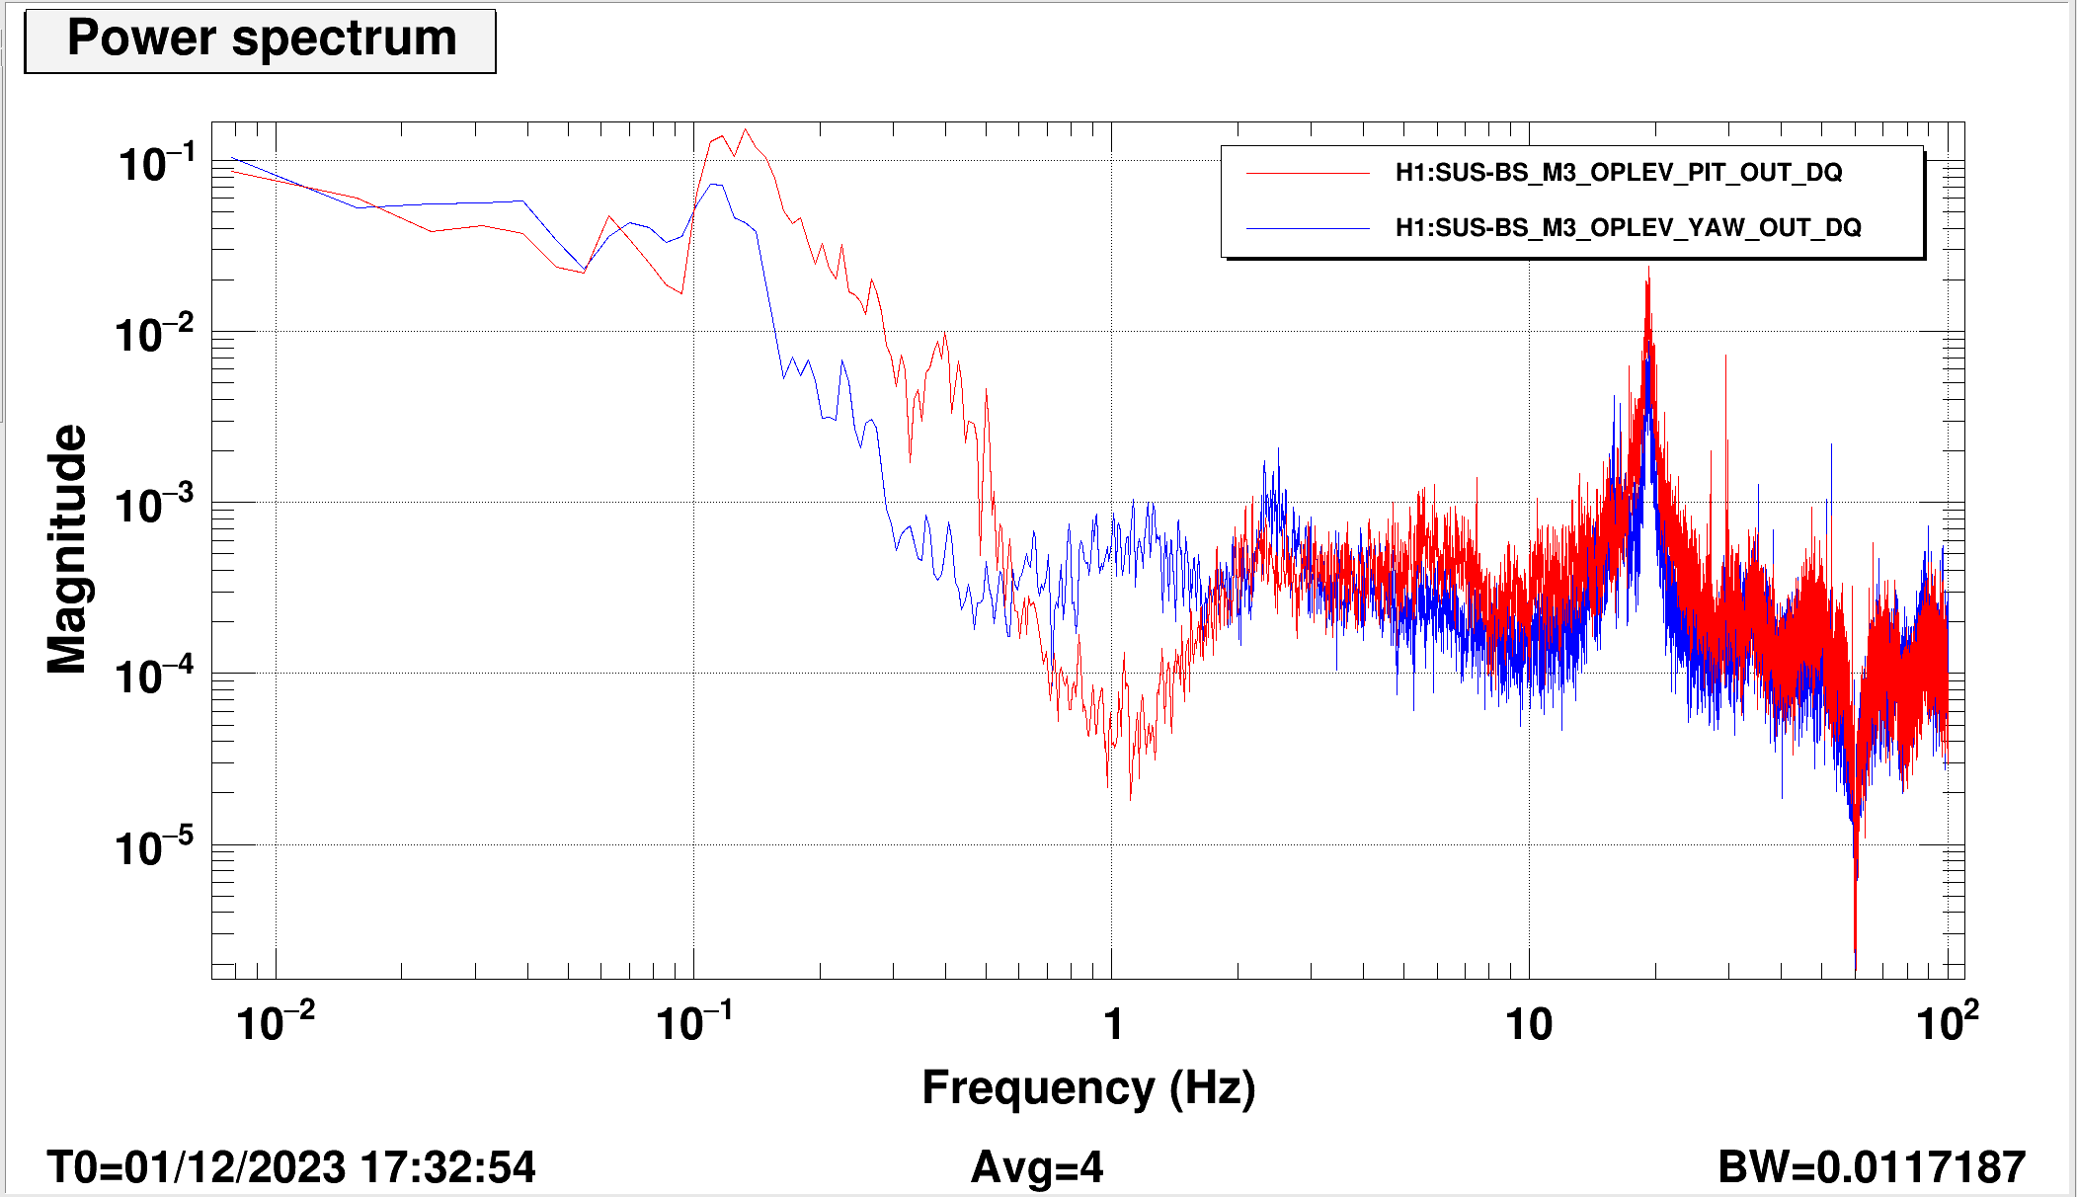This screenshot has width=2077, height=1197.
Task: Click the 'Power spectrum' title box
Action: [x=261, y=40]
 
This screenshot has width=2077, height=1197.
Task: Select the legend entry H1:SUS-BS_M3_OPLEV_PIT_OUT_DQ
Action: [x=1618, y=173]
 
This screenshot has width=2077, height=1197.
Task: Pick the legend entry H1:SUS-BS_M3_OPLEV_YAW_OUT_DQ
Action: [x=1628, y=228]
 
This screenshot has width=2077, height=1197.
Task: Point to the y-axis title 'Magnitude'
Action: [x=67, y=549]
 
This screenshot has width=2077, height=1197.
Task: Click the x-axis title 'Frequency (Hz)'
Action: [x=1088, y=1088]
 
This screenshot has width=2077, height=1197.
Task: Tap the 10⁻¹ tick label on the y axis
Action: [x=157, y=163]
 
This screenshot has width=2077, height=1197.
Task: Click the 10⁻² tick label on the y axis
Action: [x=155, y=335]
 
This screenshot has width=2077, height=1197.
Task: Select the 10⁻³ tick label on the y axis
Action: [x=155, y=506]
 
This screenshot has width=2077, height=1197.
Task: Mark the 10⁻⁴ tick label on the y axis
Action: [x=155, y=677]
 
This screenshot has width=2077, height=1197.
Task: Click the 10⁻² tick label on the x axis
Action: [x=276, y=1023]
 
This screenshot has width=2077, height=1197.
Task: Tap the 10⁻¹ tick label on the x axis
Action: [x=694, y=1023]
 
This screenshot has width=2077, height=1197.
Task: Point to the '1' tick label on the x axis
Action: [x=1113, y=1025]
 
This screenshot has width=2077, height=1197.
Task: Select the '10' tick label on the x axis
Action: [x=1529, y=1025]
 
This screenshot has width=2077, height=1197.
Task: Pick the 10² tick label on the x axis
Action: [x=1948, y=1023]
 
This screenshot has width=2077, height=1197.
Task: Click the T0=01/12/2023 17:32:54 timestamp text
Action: [x=291, y=1167]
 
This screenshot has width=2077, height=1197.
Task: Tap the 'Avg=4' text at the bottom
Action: [x=1037, y=1167]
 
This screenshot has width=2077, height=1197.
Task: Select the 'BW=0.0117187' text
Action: [x=1872, y=1167]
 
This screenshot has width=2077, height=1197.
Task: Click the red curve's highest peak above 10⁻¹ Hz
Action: [x=746, y=130]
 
